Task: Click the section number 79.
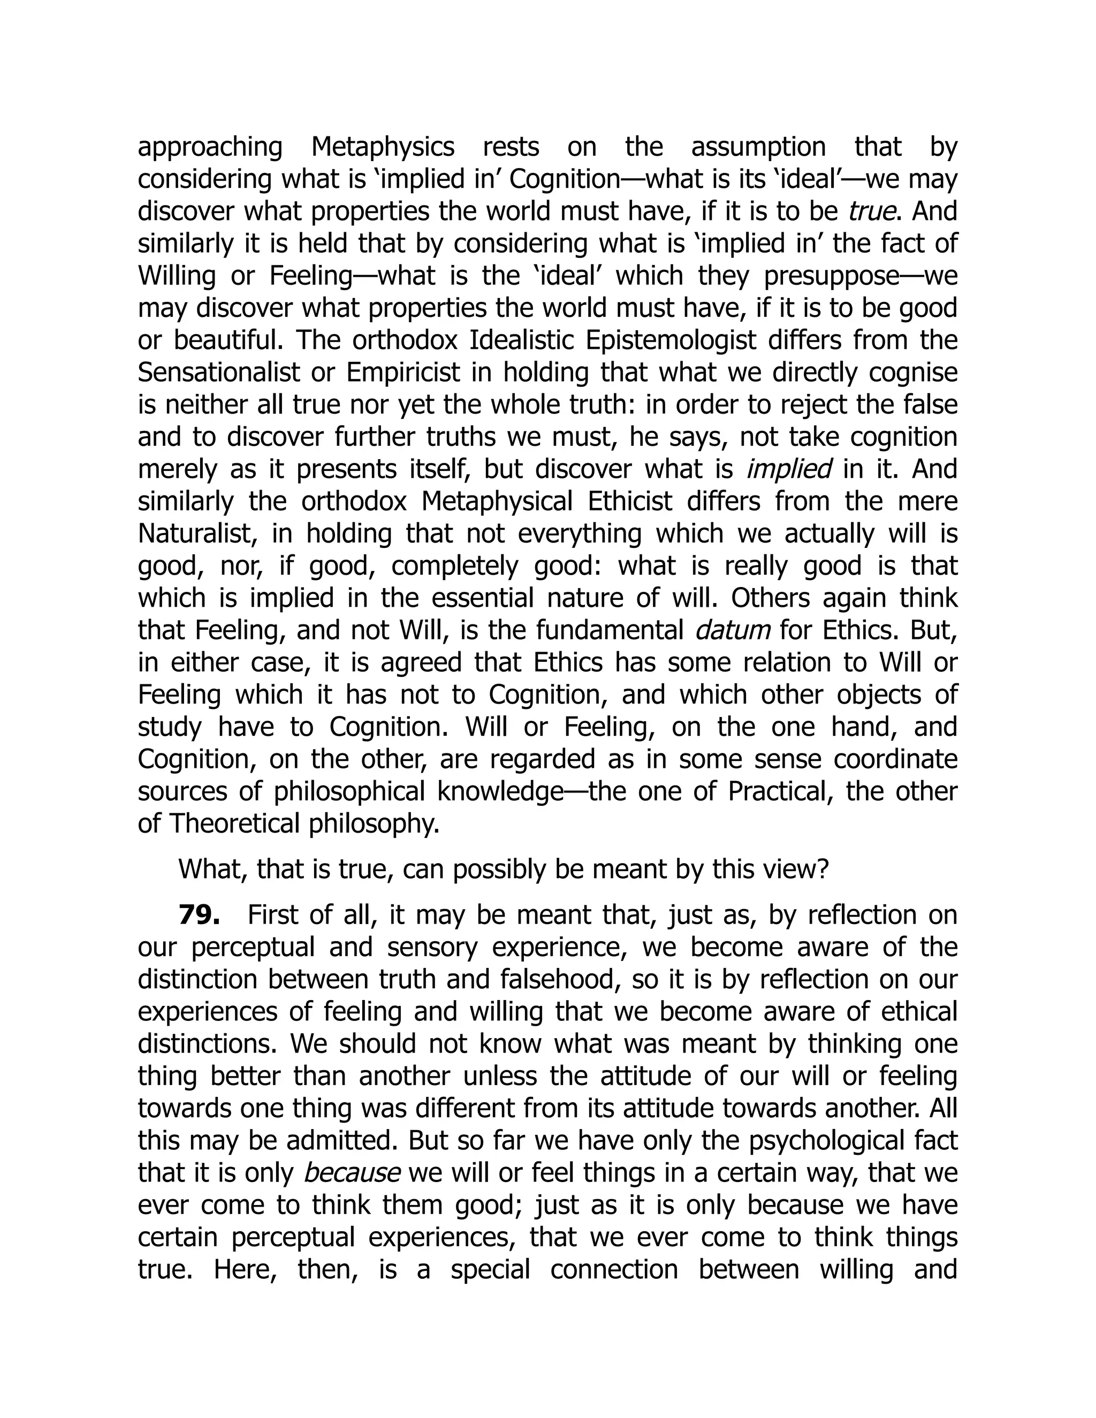tap(199, 916)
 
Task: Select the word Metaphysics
tap(383, 147)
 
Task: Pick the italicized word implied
tap(789, 469)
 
